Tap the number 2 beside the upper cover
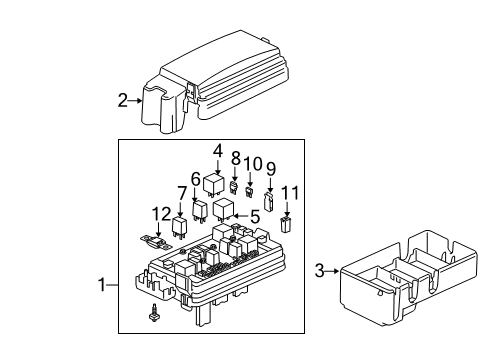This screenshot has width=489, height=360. (122, 100)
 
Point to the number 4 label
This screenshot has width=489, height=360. (216, 151)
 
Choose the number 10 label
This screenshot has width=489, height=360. (253, 162)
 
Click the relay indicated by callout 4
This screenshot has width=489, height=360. (215, 183)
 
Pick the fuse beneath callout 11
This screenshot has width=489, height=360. (286, 224)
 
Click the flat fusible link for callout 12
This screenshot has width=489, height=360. (152, 241)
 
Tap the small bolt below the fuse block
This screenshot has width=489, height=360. (154, 343)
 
